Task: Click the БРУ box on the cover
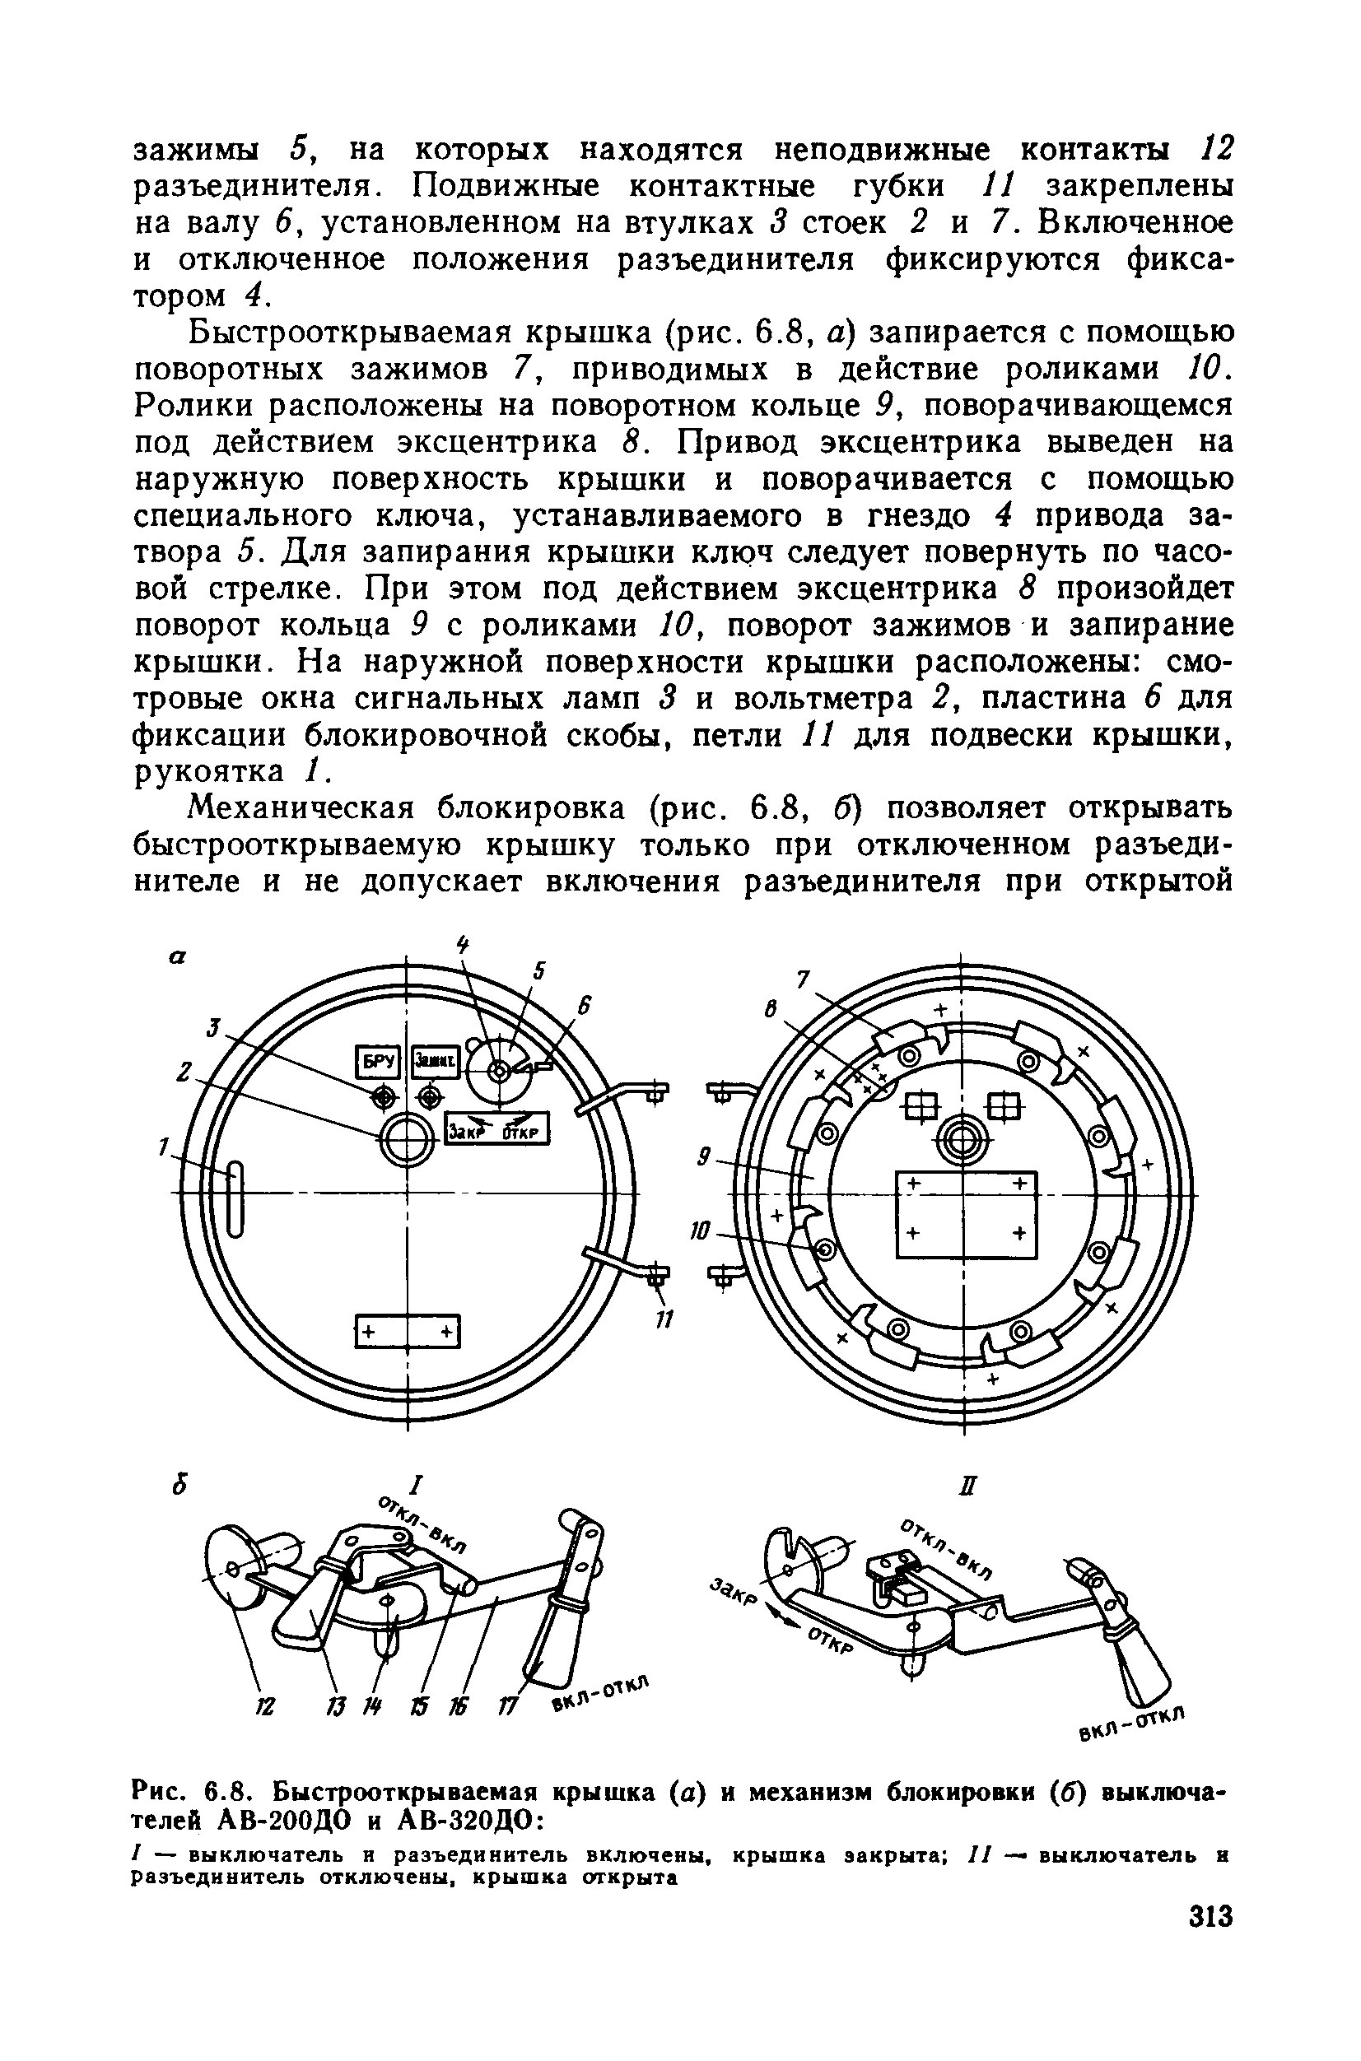[378, 1061]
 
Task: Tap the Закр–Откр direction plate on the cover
[497, 1129]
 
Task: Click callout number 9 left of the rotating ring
[706, 1157]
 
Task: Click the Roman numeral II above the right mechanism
[970, 1487]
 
